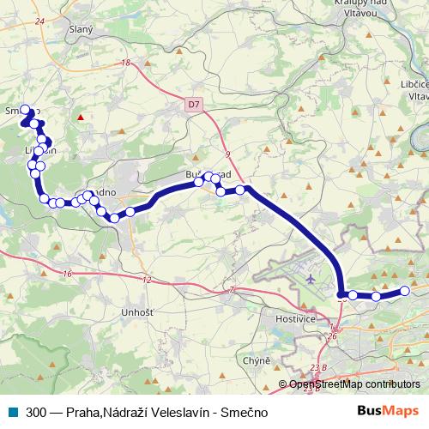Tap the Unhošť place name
click(x=137, y=311)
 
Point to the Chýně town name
click(x=257, y=361)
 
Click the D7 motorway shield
click(x=194, y=104)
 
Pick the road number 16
click(x=67, y=274)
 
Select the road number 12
click(x=147, y=281)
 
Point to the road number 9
click(x=229, y=154)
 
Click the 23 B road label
click(x=318, y=368)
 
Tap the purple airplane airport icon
click(x=310, y=278)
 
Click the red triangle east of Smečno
click(x=81, y=118)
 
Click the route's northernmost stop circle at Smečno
click(x=25, y=109)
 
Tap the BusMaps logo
click(x=389, y=412)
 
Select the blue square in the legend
click(x=13, y=412)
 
